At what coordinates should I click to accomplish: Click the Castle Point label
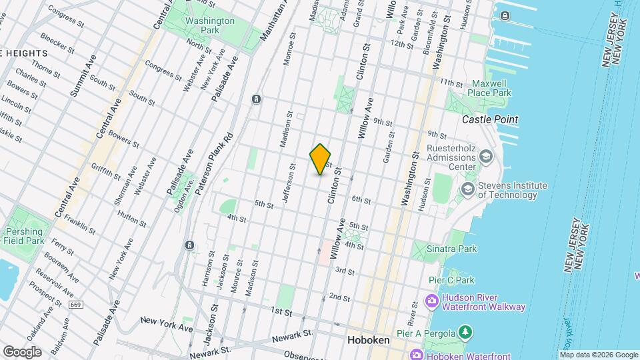(x=490, y=119)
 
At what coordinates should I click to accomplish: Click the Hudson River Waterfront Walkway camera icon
(x=432, y=301)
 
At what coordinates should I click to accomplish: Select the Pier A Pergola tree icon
(x=465, y=331)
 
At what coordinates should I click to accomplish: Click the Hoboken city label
(x=368, y=340)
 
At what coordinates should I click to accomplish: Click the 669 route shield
(x=75, y=304)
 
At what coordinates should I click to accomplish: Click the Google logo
(x=22, y=352)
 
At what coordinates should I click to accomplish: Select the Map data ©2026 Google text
(x=598, y=355)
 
